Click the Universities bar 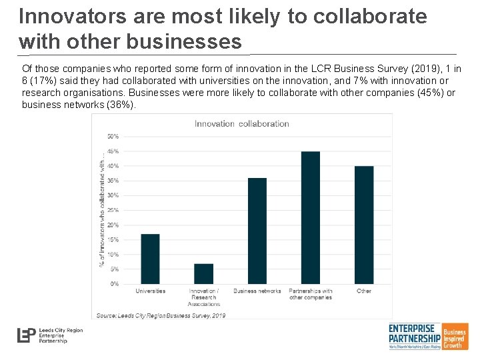tap(150, 259)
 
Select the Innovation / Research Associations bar tap(203, 274)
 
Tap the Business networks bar tap(257, 231)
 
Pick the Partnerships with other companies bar tap(310, 217)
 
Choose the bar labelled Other tap(364, 225)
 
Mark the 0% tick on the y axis tap(115, 284)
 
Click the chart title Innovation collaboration tap(241, 123)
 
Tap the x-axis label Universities tap(150, 291)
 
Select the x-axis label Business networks tap(257, 291)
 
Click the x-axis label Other tap(364, 291)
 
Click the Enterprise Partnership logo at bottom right tap(427, 336)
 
